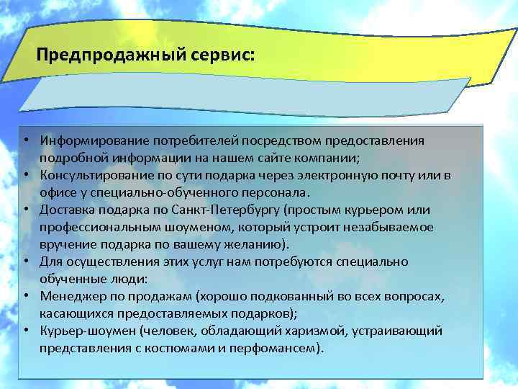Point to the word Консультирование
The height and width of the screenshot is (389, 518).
pyautogui.click(x=91, y=174)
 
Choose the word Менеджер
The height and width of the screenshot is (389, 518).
pyautogui.click(x=68, y=295)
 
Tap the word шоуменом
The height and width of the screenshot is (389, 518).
pyautogui.click(x=158, y=226)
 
